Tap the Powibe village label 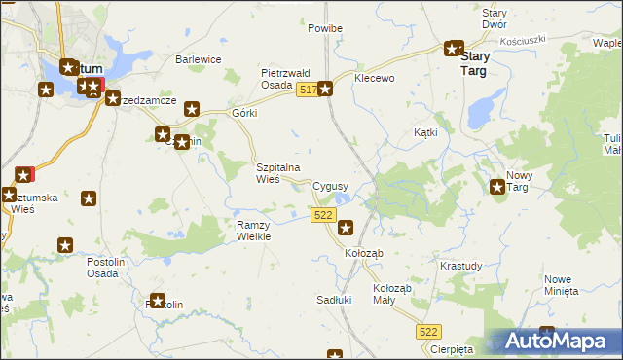point(325,28)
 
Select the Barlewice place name point(199,59)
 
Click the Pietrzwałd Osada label point(284,79)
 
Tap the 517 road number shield point(307,90)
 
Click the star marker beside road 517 point(326,90)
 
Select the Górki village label point(243,113)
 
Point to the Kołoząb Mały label point(392,294)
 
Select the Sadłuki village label point(334,300)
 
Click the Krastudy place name point(460,266)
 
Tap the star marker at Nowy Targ point(498,187)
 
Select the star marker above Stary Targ point(454,48)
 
